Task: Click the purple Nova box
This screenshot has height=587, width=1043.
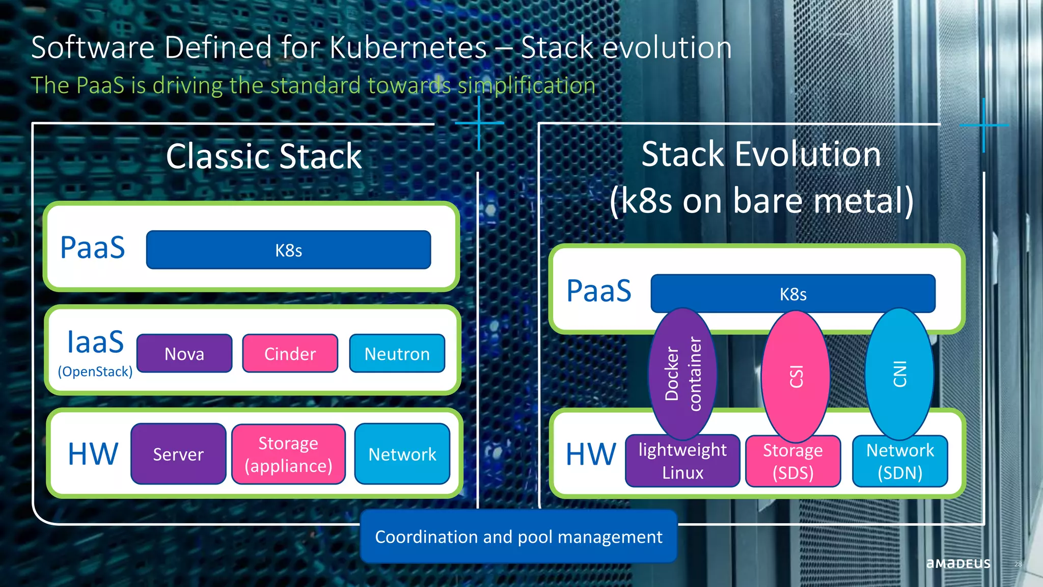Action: point(184,354)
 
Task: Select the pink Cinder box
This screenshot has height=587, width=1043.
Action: point(290,354)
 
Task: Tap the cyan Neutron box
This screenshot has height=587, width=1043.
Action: point(397,354)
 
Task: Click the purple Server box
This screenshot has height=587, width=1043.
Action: point(178,454)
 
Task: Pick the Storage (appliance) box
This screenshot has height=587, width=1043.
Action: point(288,454)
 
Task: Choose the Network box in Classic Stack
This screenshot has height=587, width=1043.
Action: point(402,454)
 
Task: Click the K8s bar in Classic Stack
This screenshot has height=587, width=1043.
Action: point(288,250)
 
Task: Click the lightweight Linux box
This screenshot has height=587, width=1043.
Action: point(682,461)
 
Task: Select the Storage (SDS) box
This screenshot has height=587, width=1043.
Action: point(793,461)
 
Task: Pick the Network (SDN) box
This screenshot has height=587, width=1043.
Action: point(900,461)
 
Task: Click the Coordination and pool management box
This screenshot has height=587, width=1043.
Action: point(518,537)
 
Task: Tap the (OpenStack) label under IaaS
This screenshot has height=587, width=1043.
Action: point(95,371)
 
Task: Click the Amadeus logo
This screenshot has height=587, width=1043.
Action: point(958,563)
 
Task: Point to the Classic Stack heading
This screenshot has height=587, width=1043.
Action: point(264,156)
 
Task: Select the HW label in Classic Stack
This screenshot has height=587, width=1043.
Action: point(93,454)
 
